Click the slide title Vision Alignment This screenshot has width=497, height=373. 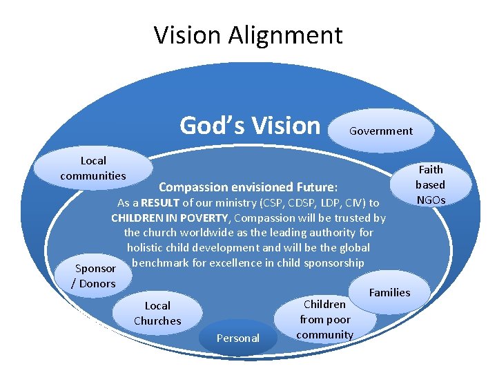[x=248, y=35]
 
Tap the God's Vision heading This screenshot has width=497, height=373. [x=250, y=126]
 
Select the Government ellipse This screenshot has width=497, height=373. [x=381, y=131]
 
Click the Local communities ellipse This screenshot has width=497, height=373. [x=93, y=168]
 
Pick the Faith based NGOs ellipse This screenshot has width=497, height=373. [x=431, y=184]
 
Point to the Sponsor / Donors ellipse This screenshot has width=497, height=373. [x=95, y=276]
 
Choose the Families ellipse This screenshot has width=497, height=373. [x=390, y=292]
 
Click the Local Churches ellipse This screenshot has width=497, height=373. [x=157, y=313]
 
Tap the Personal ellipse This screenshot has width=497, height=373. [x=238, y=338]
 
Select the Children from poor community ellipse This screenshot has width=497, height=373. [x=325, y=319]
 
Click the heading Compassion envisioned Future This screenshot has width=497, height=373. [x=248, y=186]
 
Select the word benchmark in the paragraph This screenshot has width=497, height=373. [x=159, y=262]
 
